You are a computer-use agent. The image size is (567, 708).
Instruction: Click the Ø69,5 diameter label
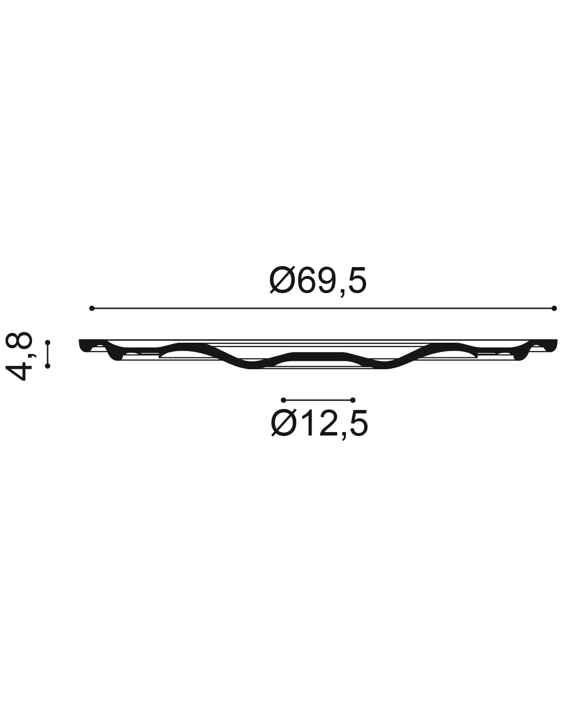(x=318, y=281)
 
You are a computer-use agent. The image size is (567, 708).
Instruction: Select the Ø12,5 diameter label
(x=319, y=424)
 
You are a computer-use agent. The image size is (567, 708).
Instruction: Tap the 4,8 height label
(x=19, y=356)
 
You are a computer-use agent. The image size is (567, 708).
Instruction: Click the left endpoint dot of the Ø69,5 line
(x=92, y=308)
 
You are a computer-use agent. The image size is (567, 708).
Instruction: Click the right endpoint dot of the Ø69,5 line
(x=554, y=308)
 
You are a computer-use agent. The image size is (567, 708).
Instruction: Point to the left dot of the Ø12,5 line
(x=283, y=400)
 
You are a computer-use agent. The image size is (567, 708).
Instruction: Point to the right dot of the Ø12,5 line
(x=353, y=400)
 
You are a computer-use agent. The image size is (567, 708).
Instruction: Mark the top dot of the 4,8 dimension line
(x=48, y=343)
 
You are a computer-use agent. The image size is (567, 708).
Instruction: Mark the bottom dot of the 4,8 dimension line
(x=48, y=366)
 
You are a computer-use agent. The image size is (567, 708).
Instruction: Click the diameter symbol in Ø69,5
(x=282, y=281)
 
